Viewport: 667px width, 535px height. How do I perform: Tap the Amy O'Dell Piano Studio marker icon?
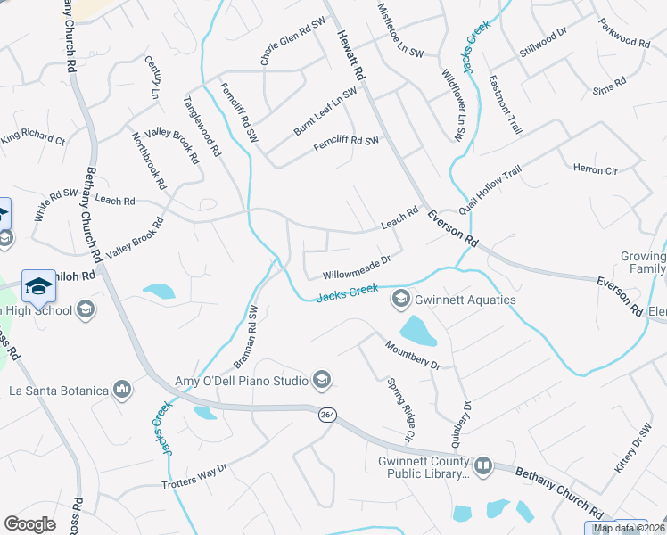[x=321, y=381]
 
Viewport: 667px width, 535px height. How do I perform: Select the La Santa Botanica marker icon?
[x=122, y=390]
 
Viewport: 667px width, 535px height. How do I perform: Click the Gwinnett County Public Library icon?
[x=482, y=465]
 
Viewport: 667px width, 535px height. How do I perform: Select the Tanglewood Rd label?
[x=202, y=127]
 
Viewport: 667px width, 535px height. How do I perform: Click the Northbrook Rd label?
[x=149, y=161]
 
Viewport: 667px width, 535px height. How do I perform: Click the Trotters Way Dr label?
[x=195, y=476]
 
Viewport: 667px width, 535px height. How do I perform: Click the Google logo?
[x=30, y=524]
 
